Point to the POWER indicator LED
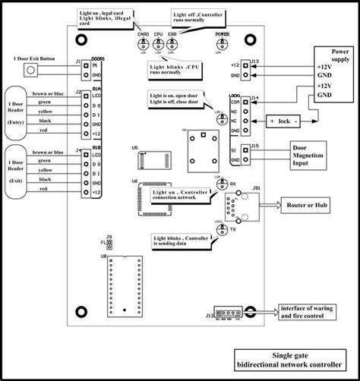[x=221, y=48]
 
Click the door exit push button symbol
[x=32, y=71]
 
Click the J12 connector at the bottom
[x=227, y=312]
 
